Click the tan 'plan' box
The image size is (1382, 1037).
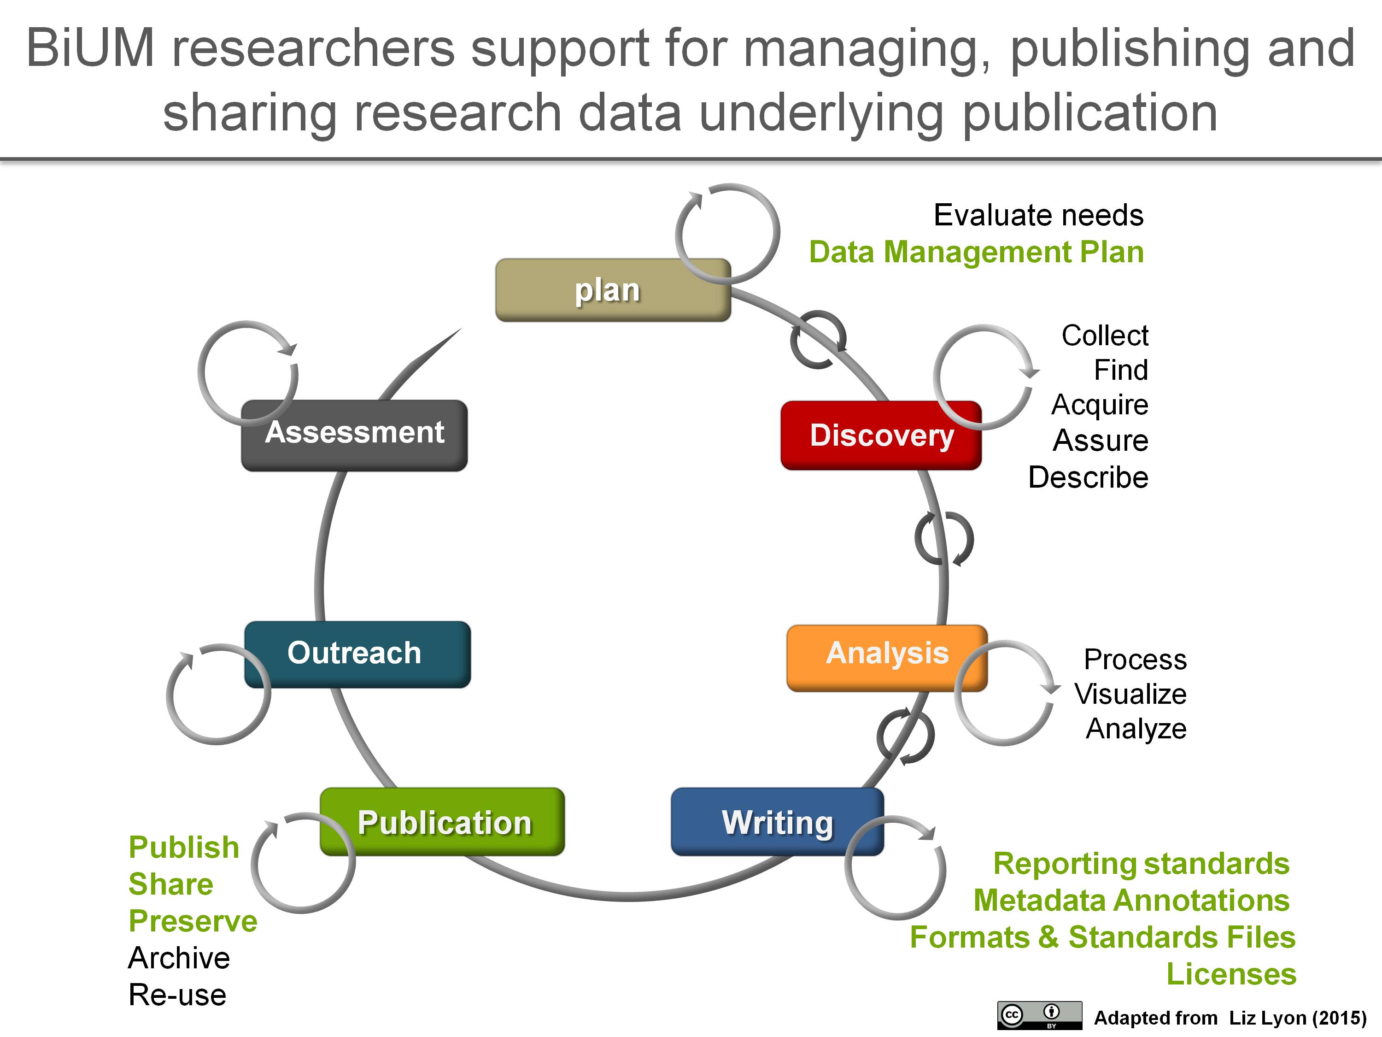tap(613, 290)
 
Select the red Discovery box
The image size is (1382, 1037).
tap(881, 436)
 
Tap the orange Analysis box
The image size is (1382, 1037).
tap(887, 658)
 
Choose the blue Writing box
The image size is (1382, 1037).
tap(777, 821)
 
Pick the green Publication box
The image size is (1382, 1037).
tap(442, 821)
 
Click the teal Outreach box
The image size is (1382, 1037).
tap(357, 654)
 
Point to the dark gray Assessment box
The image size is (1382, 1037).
tap(354, 435)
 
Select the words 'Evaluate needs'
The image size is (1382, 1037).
tap(1038, 215)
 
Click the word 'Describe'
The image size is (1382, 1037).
tap(1089, 477)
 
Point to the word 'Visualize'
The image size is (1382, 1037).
tap(1130, 694)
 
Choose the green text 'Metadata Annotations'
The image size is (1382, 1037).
tap(1131, 900)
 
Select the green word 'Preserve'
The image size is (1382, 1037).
tap(193, 921)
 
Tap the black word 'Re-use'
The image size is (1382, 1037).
tap(177, 995)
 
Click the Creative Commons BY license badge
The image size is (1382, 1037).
tap(1040, 1015)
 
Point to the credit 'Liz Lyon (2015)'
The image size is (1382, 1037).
tap(1298, 1018)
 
